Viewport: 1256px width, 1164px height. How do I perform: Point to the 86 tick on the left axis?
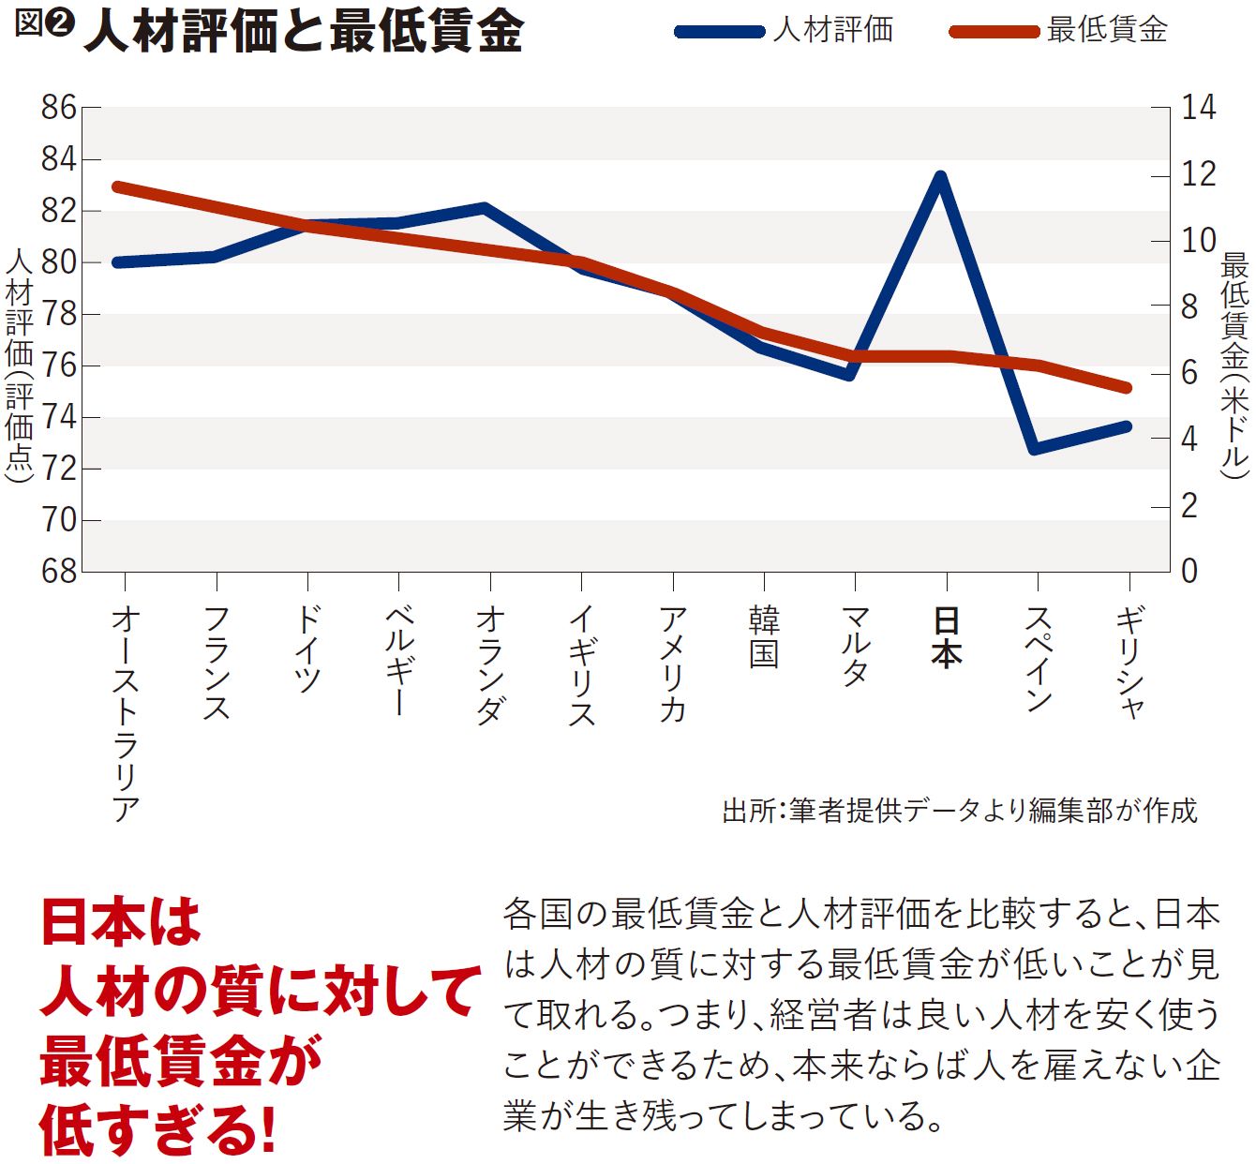(x=58, y=108)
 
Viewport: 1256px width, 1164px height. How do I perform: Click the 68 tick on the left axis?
(x=58, y=571)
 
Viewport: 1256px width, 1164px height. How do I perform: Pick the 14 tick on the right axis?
(x=1197, y=108)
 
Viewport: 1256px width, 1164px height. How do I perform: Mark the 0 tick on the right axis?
(x=1189, y=571)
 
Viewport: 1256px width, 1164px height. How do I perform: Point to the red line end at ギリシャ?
(x=1127, y=387)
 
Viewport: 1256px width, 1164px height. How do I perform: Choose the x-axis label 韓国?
(x=764, y=637)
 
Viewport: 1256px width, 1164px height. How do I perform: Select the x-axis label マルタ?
(x=856, y=647)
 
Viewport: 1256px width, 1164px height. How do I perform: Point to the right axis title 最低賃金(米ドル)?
(x=1234, y=366)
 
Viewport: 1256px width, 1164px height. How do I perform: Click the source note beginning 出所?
(x=959, y=810)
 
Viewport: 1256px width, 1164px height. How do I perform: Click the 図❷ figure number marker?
(x=43, y=25)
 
